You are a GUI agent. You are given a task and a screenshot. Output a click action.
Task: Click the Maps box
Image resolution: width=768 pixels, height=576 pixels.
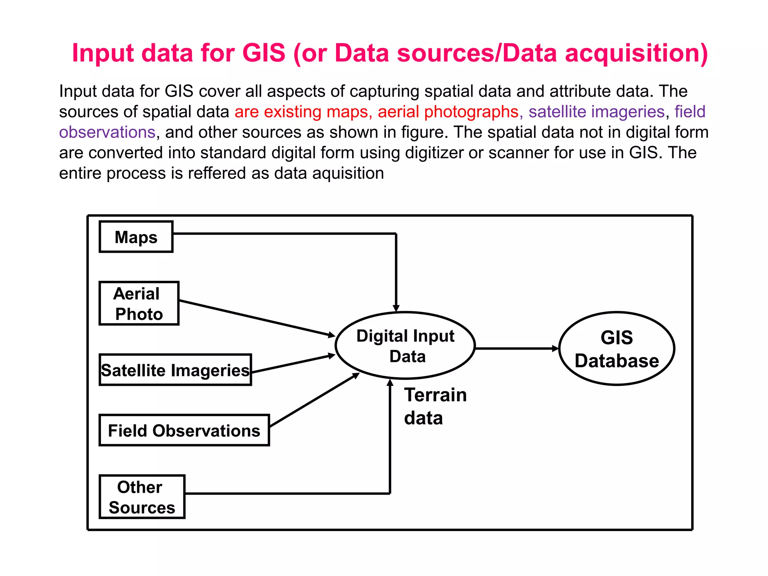coord(136,237)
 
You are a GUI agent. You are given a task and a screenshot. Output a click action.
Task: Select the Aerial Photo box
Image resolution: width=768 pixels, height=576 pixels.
coord(139,303)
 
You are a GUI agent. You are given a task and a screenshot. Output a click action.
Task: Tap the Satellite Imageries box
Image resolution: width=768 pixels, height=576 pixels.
coord(175,370)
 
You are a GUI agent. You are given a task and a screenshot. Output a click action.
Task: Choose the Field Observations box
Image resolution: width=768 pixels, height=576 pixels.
coord(184,430)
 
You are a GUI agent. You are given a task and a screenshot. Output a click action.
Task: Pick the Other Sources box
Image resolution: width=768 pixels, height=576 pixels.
coord(142,497)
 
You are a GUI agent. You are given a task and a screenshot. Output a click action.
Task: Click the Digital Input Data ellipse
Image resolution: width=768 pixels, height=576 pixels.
coord(405,345)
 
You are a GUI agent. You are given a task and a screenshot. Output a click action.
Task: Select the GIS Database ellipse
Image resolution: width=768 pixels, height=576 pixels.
coord(616,348)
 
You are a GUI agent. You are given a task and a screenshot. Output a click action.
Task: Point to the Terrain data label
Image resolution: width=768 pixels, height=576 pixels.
coord(435,406)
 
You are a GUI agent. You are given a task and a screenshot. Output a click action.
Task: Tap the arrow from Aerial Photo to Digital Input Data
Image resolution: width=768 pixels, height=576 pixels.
coord(257,318)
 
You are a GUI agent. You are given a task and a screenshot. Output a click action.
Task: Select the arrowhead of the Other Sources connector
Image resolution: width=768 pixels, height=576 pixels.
coord(390,383)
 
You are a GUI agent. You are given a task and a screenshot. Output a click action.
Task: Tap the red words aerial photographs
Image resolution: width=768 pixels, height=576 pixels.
coord(448,112)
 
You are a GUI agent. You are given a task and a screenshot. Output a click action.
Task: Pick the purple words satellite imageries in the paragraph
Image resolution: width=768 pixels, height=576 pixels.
coord(596,112)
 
